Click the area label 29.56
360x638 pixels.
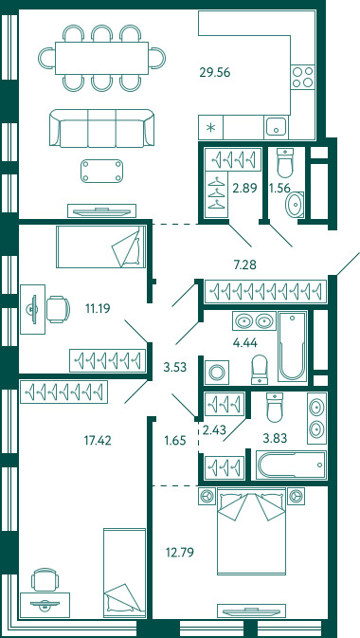click(215, 72)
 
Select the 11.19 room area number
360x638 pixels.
click(98, 308)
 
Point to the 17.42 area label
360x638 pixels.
click(97, 440)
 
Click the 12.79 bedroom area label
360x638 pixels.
click(179, 553)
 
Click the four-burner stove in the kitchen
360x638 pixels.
click(303, 77)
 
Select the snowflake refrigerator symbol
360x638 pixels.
click(210, 128)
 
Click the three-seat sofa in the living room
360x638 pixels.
click(101, 128)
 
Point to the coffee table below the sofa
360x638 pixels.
click(101, 171)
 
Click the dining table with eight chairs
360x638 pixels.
click(101, 58)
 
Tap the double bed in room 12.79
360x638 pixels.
click(250, 531)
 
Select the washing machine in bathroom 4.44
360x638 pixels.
click(217, 371)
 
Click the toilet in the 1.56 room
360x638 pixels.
click(285, 163)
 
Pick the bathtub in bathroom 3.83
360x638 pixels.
click(291, 465)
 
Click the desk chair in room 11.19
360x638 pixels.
click(58, 309)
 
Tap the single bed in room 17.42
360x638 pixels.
click(124, 571)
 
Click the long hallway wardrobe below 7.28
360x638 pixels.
click(266, 291)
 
